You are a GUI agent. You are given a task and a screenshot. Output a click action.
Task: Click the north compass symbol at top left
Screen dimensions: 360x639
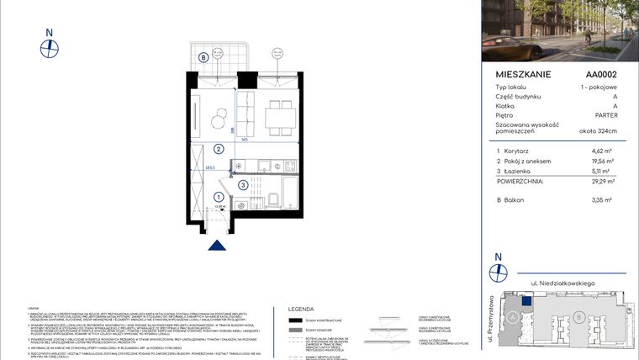[50, 47]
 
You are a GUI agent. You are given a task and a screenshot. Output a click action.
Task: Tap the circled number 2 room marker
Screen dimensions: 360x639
[218, 151]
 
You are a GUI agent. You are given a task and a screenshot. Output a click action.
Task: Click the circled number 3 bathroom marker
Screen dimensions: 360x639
[242, 185]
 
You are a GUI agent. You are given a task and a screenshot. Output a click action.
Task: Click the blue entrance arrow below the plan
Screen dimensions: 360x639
[217, 245]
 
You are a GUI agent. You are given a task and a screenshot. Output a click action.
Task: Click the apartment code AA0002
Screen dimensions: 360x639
[601, 74]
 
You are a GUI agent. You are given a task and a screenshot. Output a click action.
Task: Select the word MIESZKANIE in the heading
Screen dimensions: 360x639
[524, 74]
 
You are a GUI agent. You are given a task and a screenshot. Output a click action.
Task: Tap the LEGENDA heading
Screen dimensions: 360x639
[301, 309]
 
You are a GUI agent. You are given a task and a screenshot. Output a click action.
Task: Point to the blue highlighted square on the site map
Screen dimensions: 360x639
[525, 297]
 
